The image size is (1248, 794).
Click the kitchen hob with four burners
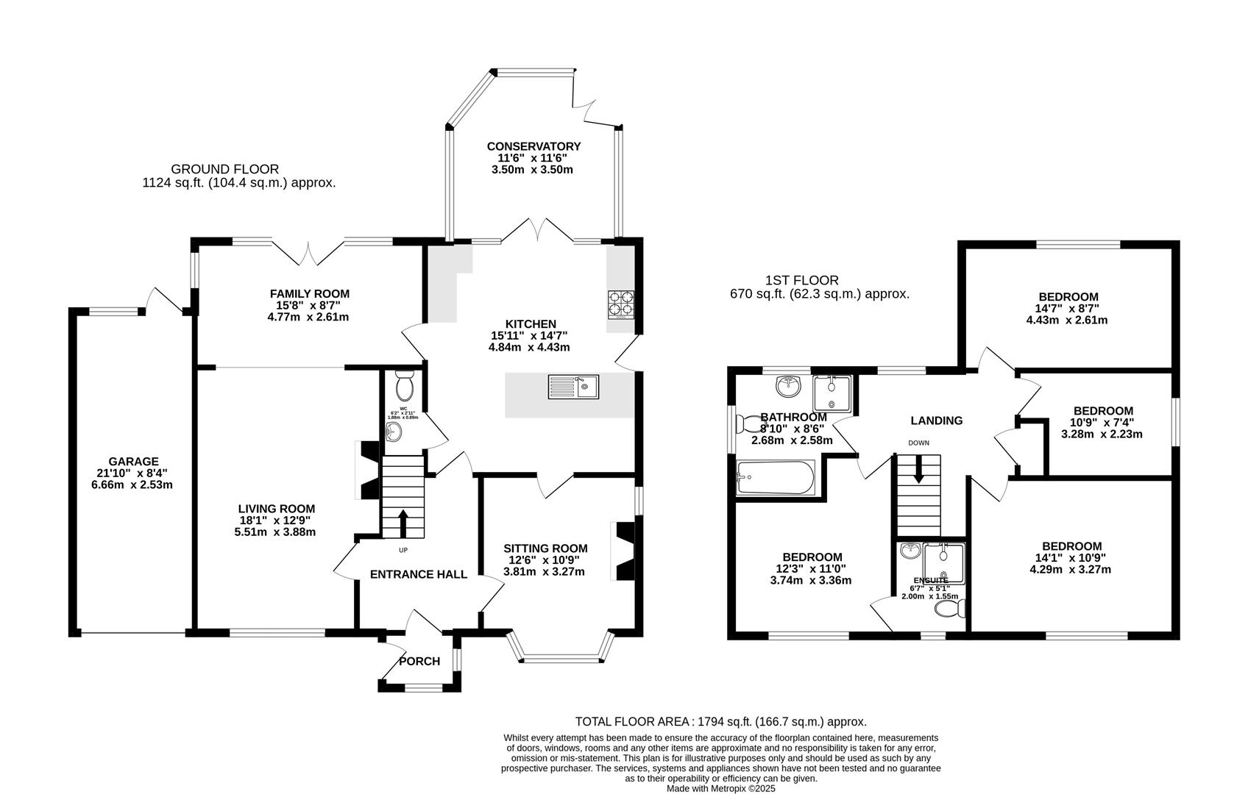click(620, 304)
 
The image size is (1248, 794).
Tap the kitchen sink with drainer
click(573, 387)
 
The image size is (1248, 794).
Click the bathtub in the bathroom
click(775, 479)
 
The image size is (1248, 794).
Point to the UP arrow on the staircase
click(403, 523)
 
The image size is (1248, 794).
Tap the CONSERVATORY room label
click(533, 146)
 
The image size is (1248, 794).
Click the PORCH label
click(419, 661)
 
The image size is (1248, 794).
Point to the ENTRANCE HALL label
click(418, 574)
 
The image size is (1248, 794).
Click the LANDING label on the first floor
click(936, 421)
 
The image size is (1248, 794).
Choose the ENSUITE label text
click(930, 580)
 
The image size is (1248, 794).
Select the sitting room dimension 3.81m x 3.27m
click(545, 571)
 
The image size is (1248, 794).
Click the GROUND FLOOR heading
click(224, 169)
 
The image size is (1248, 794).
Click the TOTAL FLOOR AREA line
click(720, 722)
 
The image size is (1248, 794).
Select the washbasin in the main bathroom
click(789, 385)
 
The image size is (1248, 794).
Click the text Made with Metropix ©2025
click(720, 788)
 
